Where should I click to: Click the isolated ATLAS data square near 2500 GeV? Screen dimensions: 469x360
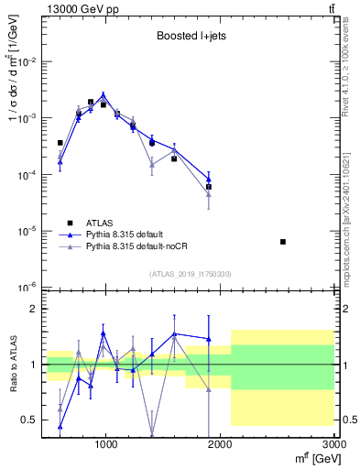(283, 242)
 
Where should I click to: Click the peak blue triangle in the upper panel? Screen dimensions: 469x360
(104, 94)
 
